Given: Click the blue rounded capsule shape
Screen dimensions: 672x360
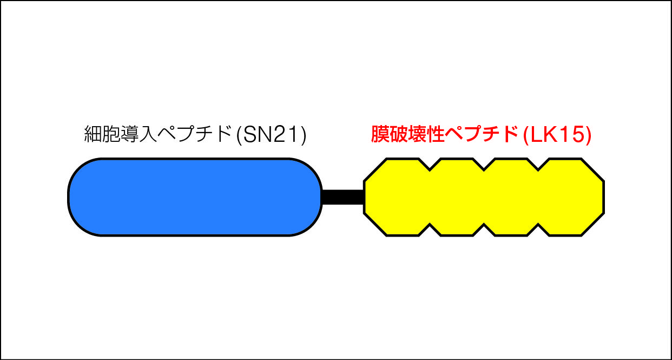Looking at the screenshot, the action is [x=195, y=197].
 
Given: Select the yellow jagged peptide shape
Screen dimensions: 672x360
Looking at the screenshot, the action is [x=484, y=197].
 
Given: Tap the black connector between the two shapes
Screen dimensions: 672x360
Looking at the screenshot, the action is [x=343, y=197].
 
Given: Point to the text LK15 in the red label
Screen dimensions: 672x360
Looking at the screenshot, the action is [x=557, y=134].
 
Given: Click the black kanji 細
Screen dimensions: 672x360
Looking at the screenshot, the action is [x=93, y=134].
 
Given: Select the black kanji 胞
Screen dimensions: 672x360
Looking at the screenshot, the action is [x=111, y=134].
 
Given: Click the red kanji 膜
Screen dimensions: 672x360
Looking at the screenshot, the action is [x=380, y=134].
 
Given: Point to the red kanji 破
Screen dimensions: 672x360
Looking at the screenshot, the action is [x=398, y=134].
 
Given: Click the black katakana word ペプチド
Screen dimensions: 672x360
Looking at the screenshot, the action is [x=194, y=134].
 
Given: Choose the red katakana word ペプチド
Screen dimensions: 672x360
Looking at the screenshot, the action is [x=482, y=134].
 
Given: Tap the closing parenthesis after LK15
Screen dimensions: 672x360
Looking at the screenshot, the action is [x=588, y=135].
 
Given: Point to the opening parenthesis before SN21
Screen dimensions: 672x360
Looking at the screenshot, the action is [x=239, y=135].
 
